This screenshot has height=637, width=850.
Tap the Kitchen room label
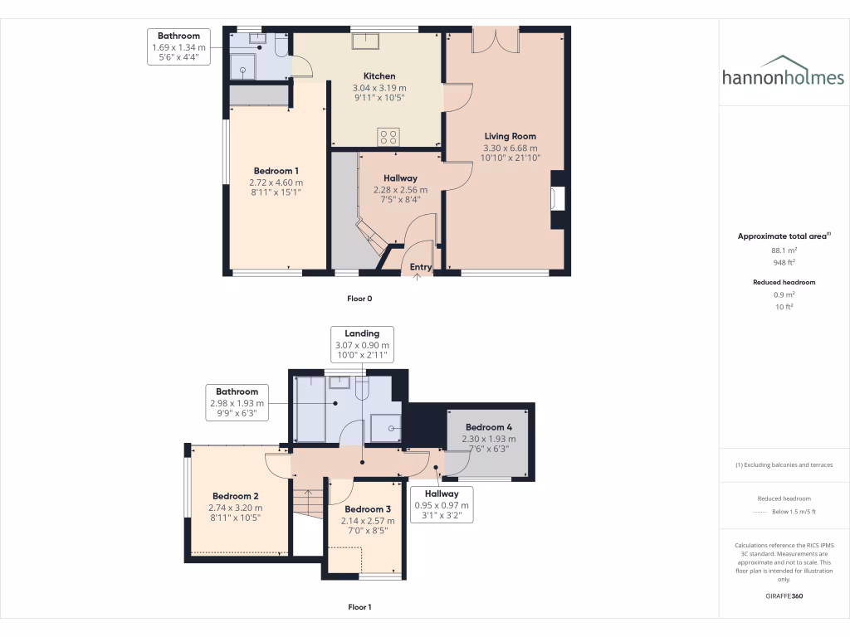[x=379, y=76]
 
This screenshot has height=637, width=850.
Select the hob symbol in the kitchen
[x=388, y=137]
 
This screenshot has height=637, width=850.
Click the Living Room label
[x=510, y=136]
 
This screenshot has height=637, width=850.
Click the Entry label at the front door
[x=421, y=266]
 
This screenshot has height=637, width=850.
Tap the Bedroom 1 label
[x=276, y=171]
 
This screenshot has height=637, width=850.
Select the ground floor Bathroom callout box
[x=178, y=47]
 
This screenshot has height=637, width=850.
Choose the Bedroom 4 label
[x=490, y=427]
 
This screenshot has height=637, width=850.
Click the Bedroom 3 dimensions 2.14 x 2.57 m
[x=368, y=521]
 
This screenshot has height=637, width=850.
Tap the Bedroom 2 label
[x=236, y=496]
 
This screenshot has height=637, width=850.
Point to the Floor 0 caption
[x=359, y=298]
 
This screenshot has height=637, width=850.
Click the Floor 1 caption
[x=359, y=607]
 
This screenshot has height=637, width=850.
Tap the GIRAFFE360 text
[x=784, y=596]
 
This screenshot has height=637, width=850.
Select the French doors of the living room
[x=495, y=39]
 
